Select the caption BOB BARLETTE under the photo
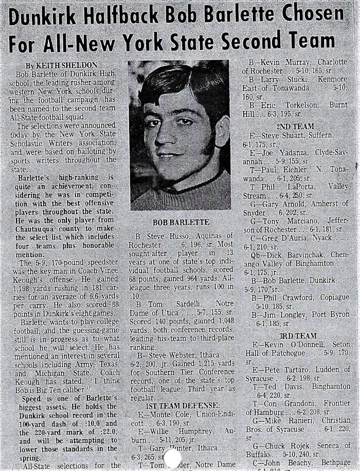[x=181, y=222]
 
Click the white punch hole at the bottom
[x=172, y=459]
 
